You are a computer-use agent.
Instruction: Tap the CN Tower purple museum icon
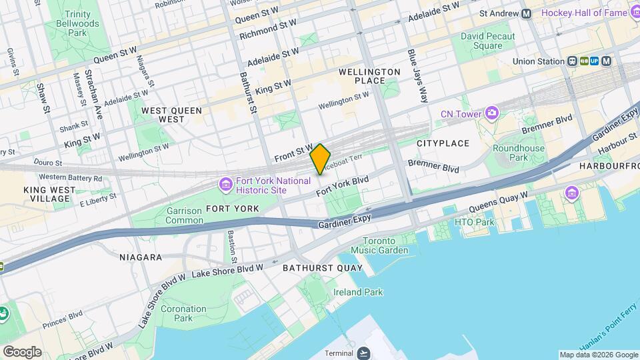(x=492, y=113)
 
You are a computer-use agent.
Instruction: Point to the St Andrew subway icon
(x=527, y=13)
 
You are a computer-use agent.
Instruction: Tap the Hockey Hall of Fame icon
(x=633, y=13)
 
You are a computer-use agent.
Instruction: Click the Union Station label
(x=538, y=61)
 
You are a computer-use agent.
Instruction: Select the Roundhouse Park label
(x=519, y=153)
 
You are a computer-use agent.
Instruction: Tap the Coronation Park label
(x=183, y=313)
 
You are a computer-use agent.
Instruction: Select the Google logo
(x=22, y=351)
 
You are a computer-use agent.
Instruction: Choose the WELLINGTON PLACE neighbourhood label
(x=370, y=76)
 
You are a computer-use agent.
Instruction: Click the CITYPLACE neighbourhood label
(x=443, y=143)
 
